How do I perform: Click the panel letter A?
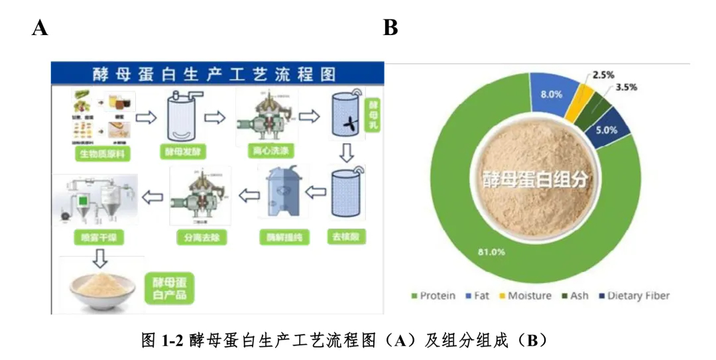click(40, 29)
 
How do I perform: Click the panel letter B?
click(390, 29)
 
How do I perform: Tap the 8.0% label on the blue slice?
click(551, 94)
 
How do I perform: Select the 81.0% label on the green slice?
click(492, 252)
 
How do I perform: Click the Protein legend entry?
click(434, 296)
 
